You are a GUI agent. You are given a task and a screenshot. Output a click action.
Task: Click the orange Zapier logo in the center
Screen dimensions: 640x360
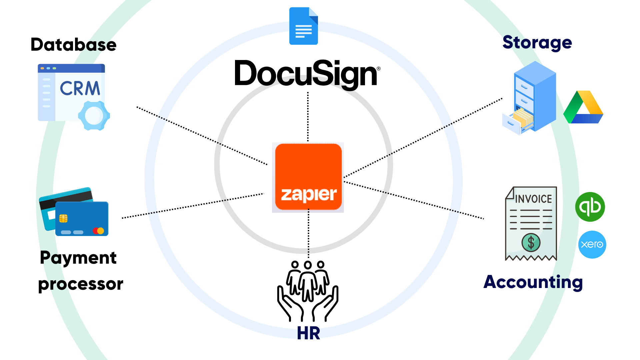(308, 177)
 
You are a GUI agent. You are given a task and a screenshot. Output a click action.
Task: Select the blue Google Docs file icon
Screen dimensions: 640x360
(303, 26)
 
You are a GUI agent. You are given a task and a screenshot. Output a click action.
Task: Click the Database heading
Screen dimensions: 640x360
(73, 45)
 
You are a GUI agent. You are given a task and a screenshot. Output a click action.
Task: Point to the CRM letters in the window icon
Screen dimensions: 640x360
(80, 89)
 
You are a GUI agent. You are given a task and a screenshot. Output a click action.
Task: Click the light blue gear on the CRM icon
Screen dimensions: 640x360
(94, 116)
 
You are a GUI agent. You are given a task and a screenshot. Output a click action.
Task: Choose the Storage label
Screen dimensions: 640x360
(537, 43)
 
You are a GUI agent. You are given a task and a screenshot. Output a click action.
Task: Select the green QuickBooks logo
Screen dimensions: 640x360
(590, 207)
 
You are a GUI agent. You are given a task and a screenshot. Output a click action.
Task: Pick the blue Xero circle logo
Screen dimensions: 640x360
(592, 245)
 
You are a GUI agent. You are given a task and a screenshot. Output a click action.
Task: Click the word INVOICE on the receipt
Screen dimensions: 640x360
(533, 199)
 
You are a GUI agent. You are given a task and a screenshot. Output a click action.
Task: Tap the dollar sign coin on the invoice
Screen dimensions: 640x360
(531, 242)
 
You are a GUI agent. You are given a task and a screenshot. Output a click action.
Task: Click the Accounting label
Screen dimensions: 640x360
(533, 282)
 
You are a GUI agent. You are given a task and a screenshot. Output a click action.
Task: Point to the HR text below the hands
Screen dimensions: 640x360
(308, 333)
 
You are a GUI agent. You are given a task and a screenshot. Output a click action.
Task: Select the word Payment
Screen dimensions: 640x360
(78, 258)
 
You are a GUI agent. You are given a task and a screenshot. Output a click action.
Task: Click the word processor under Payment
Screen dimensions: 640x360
(81, 284)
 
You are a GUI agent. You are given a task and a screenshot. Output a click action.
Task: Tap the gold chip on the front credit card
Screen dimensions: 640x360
(63, 218)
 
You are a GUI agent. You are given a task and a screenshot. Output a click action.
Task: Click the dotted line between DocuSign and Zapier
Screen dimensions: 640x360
(308, 117)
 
